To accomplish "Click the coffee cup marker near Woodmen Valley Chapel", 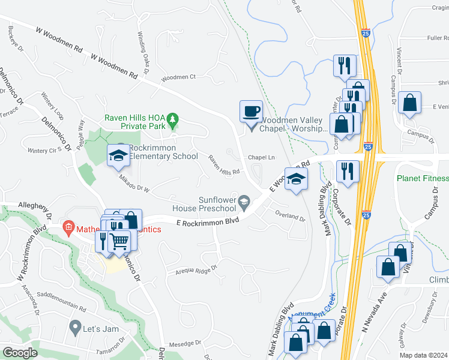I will (x=251, y=111).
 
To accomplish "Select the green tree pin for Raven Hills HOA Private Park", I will (x=173, y=119).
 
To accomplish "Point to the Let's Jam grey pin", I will (x=75, y=328).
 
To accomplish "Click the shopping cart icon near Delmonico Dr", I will (x=120, y=241).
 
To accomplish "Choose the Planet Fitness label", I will (x=423, y=179).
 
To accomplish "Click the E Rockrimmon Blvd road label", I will (x=207, y=222).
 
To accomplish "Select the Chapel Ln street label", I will (x=261, y=157).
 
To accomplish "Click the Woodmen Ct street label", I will (x=179, y=77).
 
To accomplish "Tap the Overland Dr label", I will (x=290, y=215).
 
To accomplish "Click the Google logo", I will (x=20, y=352).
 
